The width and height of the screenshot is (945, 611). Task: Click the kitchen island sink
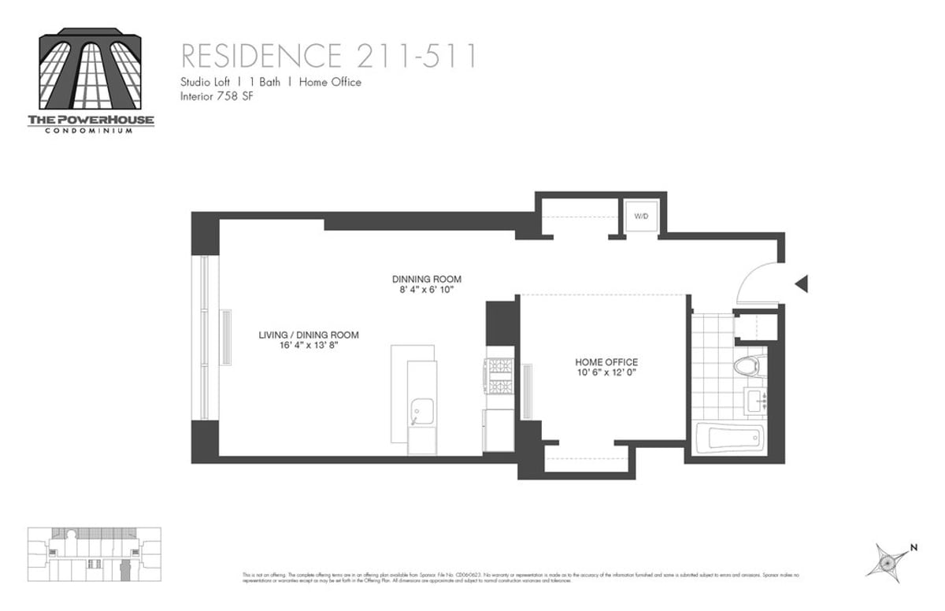point(422,411)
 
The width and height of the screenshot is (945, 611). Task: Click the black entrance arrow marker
point(802,283)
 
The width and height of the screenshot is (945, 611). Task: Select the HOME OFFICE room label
point(606,362)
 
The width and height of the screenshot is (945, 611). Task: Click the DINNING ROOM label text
point(427,280)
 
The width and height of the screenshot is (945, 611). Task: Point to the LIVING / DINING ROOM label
point(309,335)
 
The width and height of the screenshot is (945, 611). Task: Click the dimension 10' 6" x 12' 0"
point(606,372)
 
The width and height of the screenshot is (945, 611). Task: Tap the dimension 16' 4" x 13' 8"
point(309,346)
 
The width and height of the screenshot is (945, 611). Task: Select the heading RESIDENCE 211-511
point(329,57)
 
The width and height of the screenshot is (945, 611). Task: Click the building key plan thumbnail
point(94,554)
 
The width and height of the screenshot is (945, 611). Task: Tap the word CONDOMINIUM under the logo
point(91,130)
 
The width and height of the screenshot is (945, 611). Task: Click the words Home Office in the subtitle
point(330,82)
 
